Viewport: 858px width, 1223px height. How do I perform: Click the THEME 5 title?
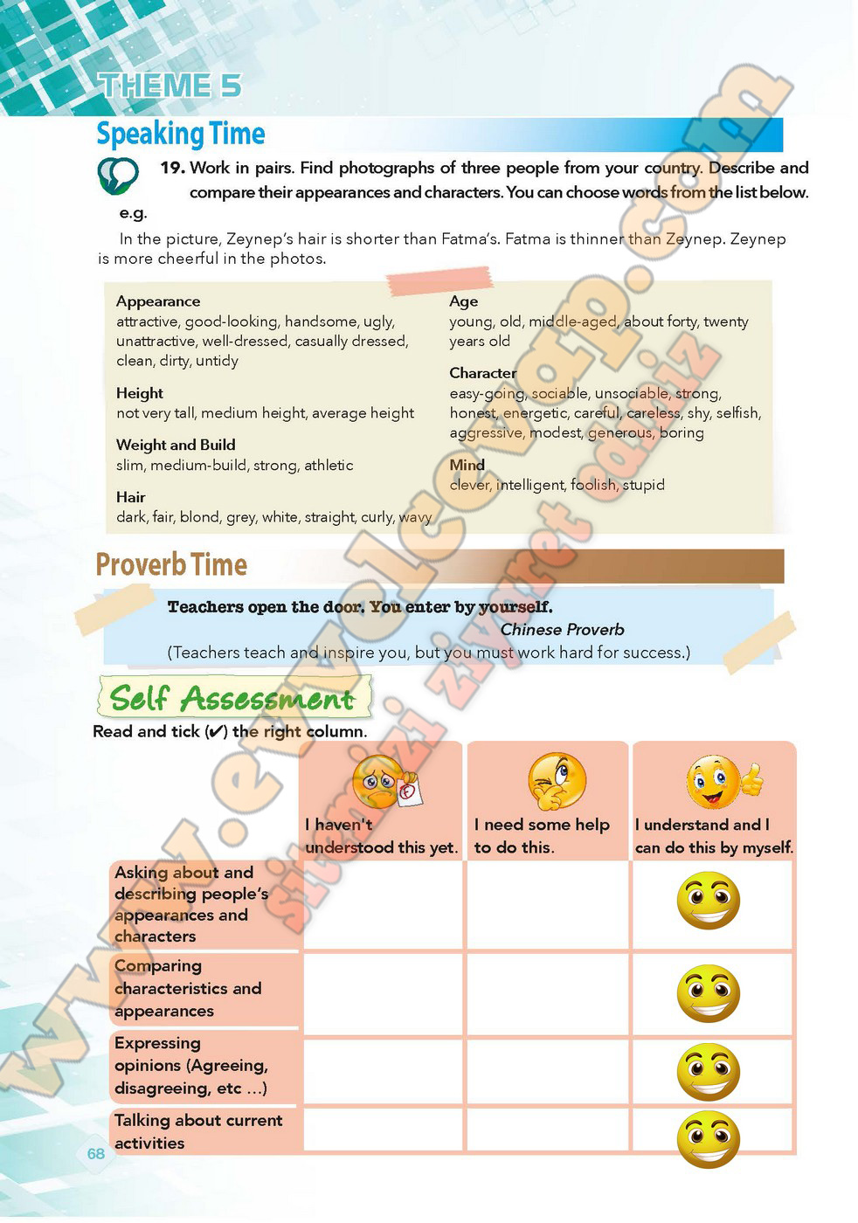click(x=170, y=86)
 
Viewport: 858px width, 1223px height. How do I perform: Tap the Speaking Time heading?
click(x=181, y=134)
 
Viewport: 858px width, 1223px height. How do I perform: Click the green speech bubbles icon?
click(x=117, y=176)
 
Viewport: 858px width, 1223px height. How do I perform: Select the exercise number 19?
click(x=172, y=168)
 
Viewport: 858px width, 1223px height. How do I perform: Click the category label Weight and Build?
click(x=176, y=445)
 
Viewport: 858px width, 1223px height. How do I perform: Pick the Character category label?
click(x=482, y=373)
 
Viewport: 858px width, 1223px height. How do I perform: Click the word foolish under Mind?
click(x=593, y=485)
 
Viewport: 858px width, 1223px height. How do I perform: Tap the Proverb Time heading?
click(x=171, y=565)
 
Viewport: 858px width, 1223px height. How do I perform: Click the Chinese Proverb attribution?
click(x=562, y=629)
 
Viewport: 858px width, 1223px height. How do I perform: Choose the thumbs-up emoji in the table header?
click(x=723, y=782)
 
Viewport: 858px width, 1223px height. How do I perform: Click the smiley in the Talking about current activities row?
click(x=709, y=1138)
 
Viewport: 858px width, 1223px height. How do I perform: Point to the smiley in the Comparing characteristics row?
click(x=709, y=993)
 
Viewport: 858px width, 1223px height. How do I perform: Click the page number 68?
click(x=96, y=1153)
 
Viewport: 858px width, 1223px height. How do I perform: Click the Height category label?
click(x=140, y=393)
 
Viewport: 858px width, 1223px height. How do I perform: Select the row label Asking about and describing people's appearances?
click(x=191, y=904)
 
